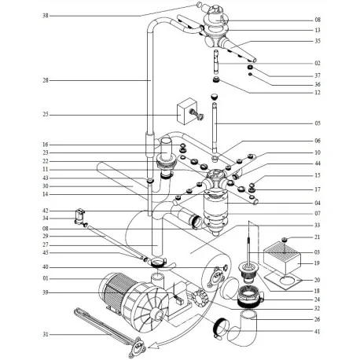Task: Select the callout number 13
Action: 317,30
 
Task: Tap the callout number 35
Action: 317,40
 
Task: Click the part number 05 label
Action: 317,123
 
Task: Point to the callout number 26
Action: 317,319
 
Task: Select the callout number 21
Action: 317,237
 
